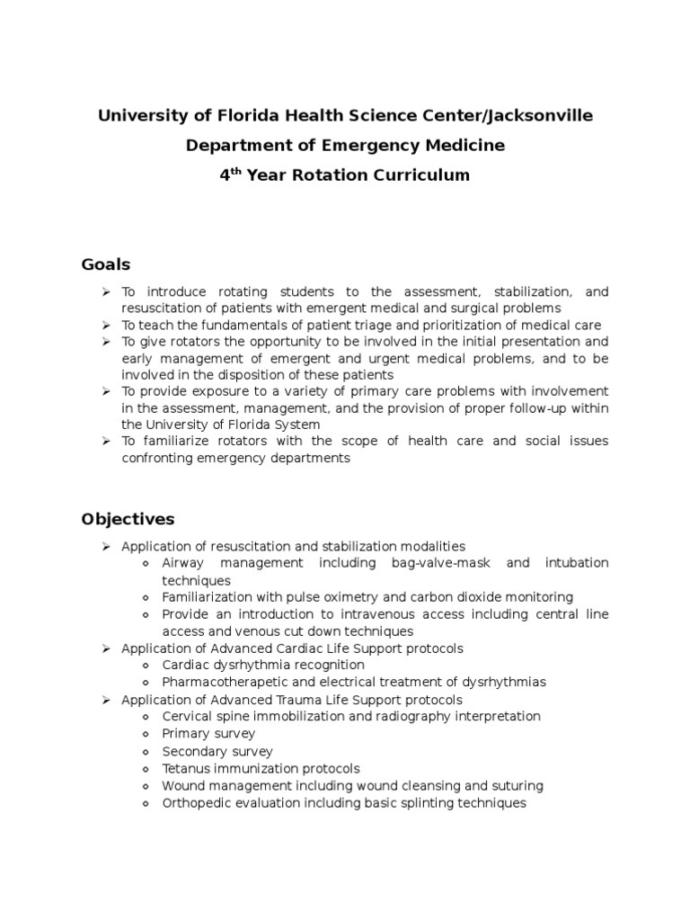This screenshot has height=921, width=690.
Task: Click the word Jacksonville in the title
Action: click(541, 116)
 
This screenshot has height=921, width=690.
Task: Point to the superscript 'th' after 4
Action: click(236, 170)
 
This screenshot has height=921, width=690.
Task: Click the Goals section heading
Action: click(106, 264)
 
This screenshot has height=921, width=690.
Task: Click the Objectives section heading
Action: click(128, 520)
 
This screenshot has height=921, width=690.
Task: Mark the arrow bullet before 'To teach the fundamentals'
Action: click(105, 325)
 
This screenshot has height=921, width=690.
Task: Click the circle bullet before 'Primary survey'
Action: click(146, 734)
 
